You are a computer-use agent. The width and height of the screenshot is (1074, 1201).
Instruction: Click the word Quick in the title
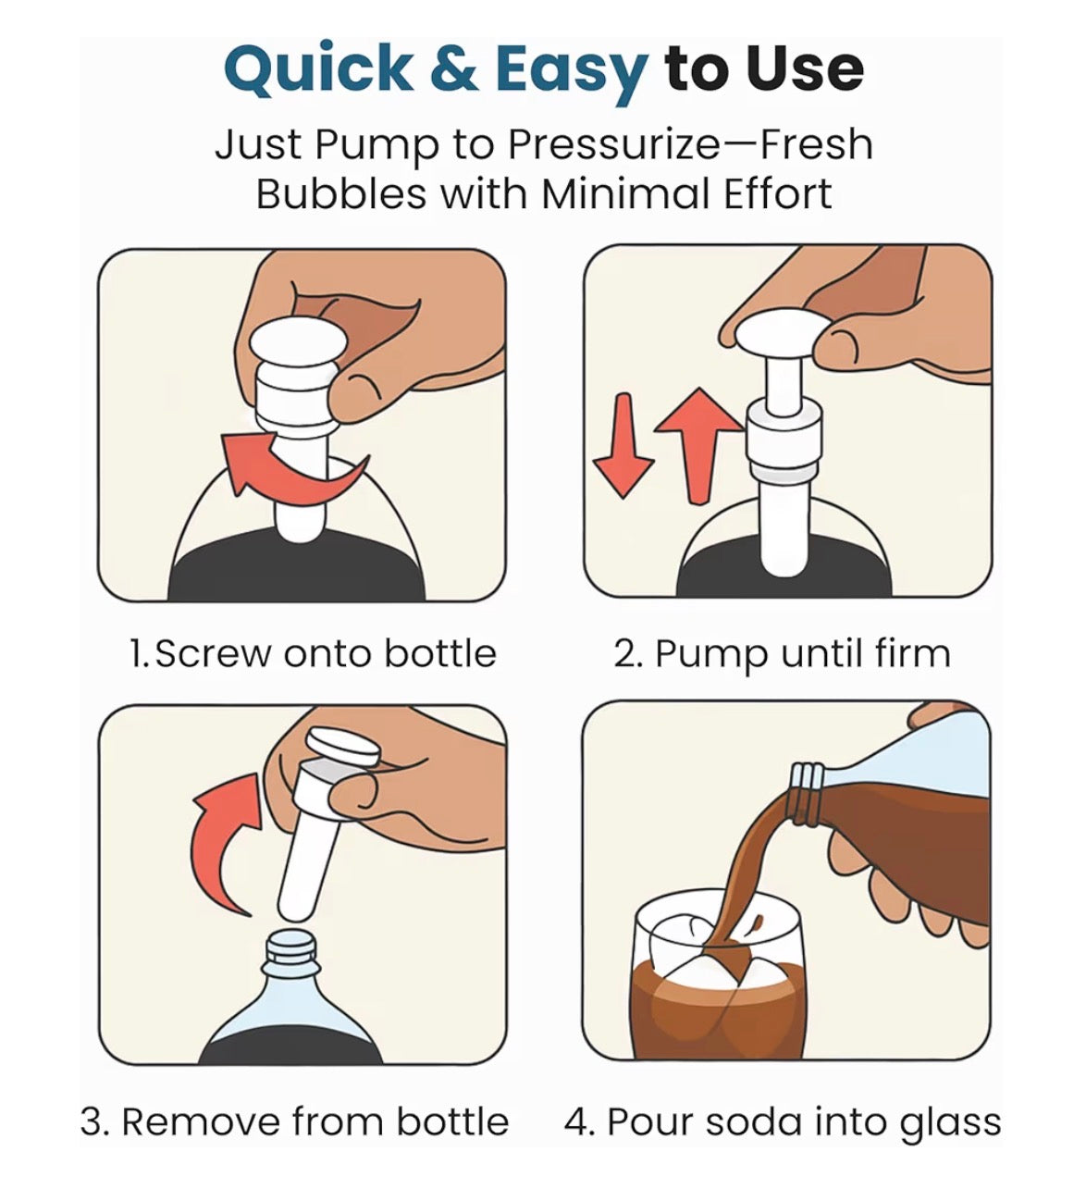[x=317, y=70]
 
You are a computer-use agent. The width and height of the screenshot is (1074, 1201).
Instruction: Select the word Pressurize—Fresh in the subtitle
[x=690, y=146]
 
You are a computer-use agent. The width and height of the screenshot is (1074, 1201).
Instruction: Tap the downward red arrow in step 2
[x=623, y=446]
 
